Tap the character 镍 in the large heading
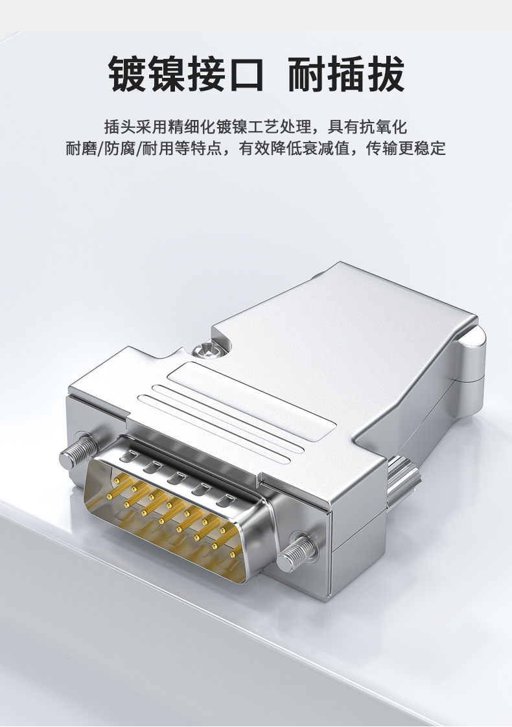click(166, 73)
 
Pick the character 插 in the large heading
click(346, 73)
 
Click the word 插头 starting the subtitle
click(119, 126)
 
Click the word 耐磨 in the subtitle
click(81, 149)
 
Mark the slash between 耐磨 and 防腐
click(100, 149)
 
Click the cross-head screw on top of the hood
click(208, 350)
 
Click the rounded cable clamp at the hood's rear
click(472, 352)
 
